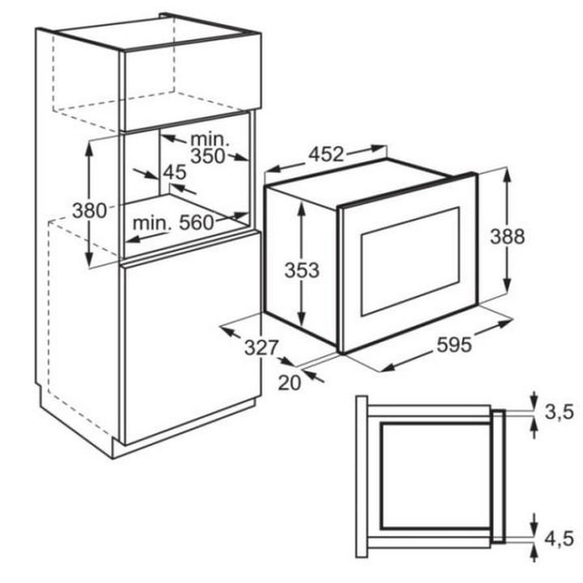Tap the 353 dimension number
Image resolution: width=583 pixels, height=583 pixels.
point(302,270)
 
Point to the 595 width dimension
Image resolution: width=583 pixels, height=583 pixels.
point(454,345)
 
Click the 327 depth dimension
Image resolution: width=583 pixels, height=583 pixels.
point(261,348)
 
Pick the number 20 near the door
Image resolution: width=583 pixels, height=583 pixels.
point(290,383)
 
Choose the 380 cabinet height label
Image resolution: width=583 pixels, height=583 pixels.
point(89,210)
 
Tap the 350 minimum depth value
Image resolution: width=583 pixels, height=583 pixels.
point(208,156)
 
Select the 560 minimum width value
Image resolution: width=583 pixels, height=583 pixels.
point(196,223)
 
